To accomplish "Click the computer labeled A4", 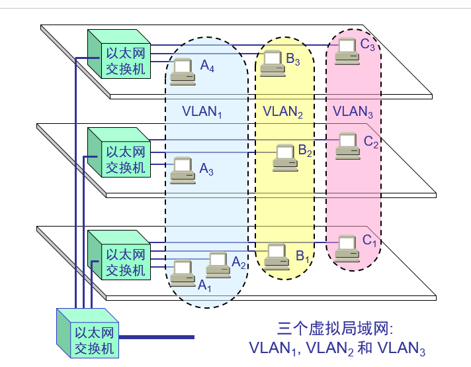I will (x=182, y=72).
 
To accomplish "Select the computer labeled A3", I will (x=182, y=170).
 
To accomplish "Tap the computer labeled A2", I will (x=218, y=264).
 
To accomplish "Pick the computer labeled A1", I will (x=182, y=272).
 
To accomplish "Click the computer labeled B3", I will (x=272, y=62).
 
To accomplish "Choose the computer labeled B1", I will (x=276, y=255).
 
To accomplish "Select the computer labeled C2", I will (x=347, y=146).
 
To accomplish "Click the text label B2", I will (x=304, y=150).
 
